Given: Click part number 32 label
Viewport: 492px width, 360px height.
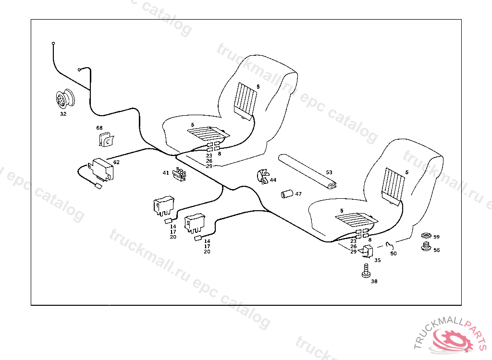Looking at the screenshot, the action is [x=63, y=114].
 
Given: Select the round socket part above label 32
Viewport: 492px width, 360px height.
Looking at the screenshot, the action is [x=64, y=99].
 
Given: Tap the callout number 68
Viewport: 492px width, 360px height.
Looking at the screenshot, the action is [x=99, y=128].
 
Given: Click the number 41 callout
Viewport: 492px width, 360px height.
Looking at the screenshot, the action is [x=165, y=173].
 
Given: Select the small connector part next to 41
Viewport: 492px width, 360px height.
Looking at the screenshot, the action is [x=180, y=174].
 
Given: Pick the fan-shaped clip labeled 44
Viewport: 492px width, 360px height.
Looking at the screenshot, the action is [x=263, y=177].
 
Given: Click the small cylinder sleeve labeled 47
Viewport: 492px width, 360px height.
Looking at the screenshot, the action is [x=287, y=194].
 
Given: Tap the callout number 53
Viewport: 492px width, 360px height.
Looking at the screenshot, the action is [x=329, y=172].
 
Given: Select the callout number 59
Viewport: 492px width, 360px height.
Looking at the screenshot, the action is [x=436, y=237].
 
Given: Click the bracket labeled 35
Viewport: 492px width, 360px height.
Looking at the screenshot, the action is [x=369, y=251].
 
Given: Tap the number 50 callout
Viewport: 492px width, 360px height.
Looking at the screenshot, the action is [x=394, y=253].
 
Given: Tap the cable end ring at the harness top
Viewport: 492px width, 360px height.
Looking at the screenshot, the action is [x=53, y=43].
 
